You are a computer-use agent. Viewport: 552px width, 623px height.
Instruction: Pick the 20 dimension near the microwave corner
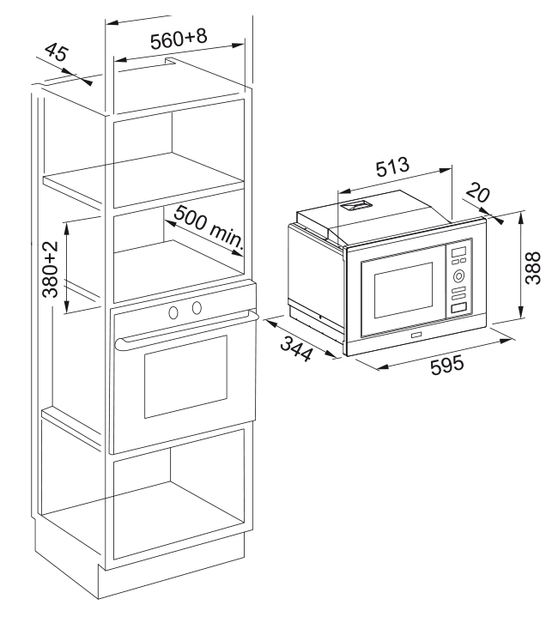tap(478, 194)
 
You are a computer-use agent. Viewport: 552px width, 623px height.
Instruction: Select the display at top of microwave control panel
tap(458, 251)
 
